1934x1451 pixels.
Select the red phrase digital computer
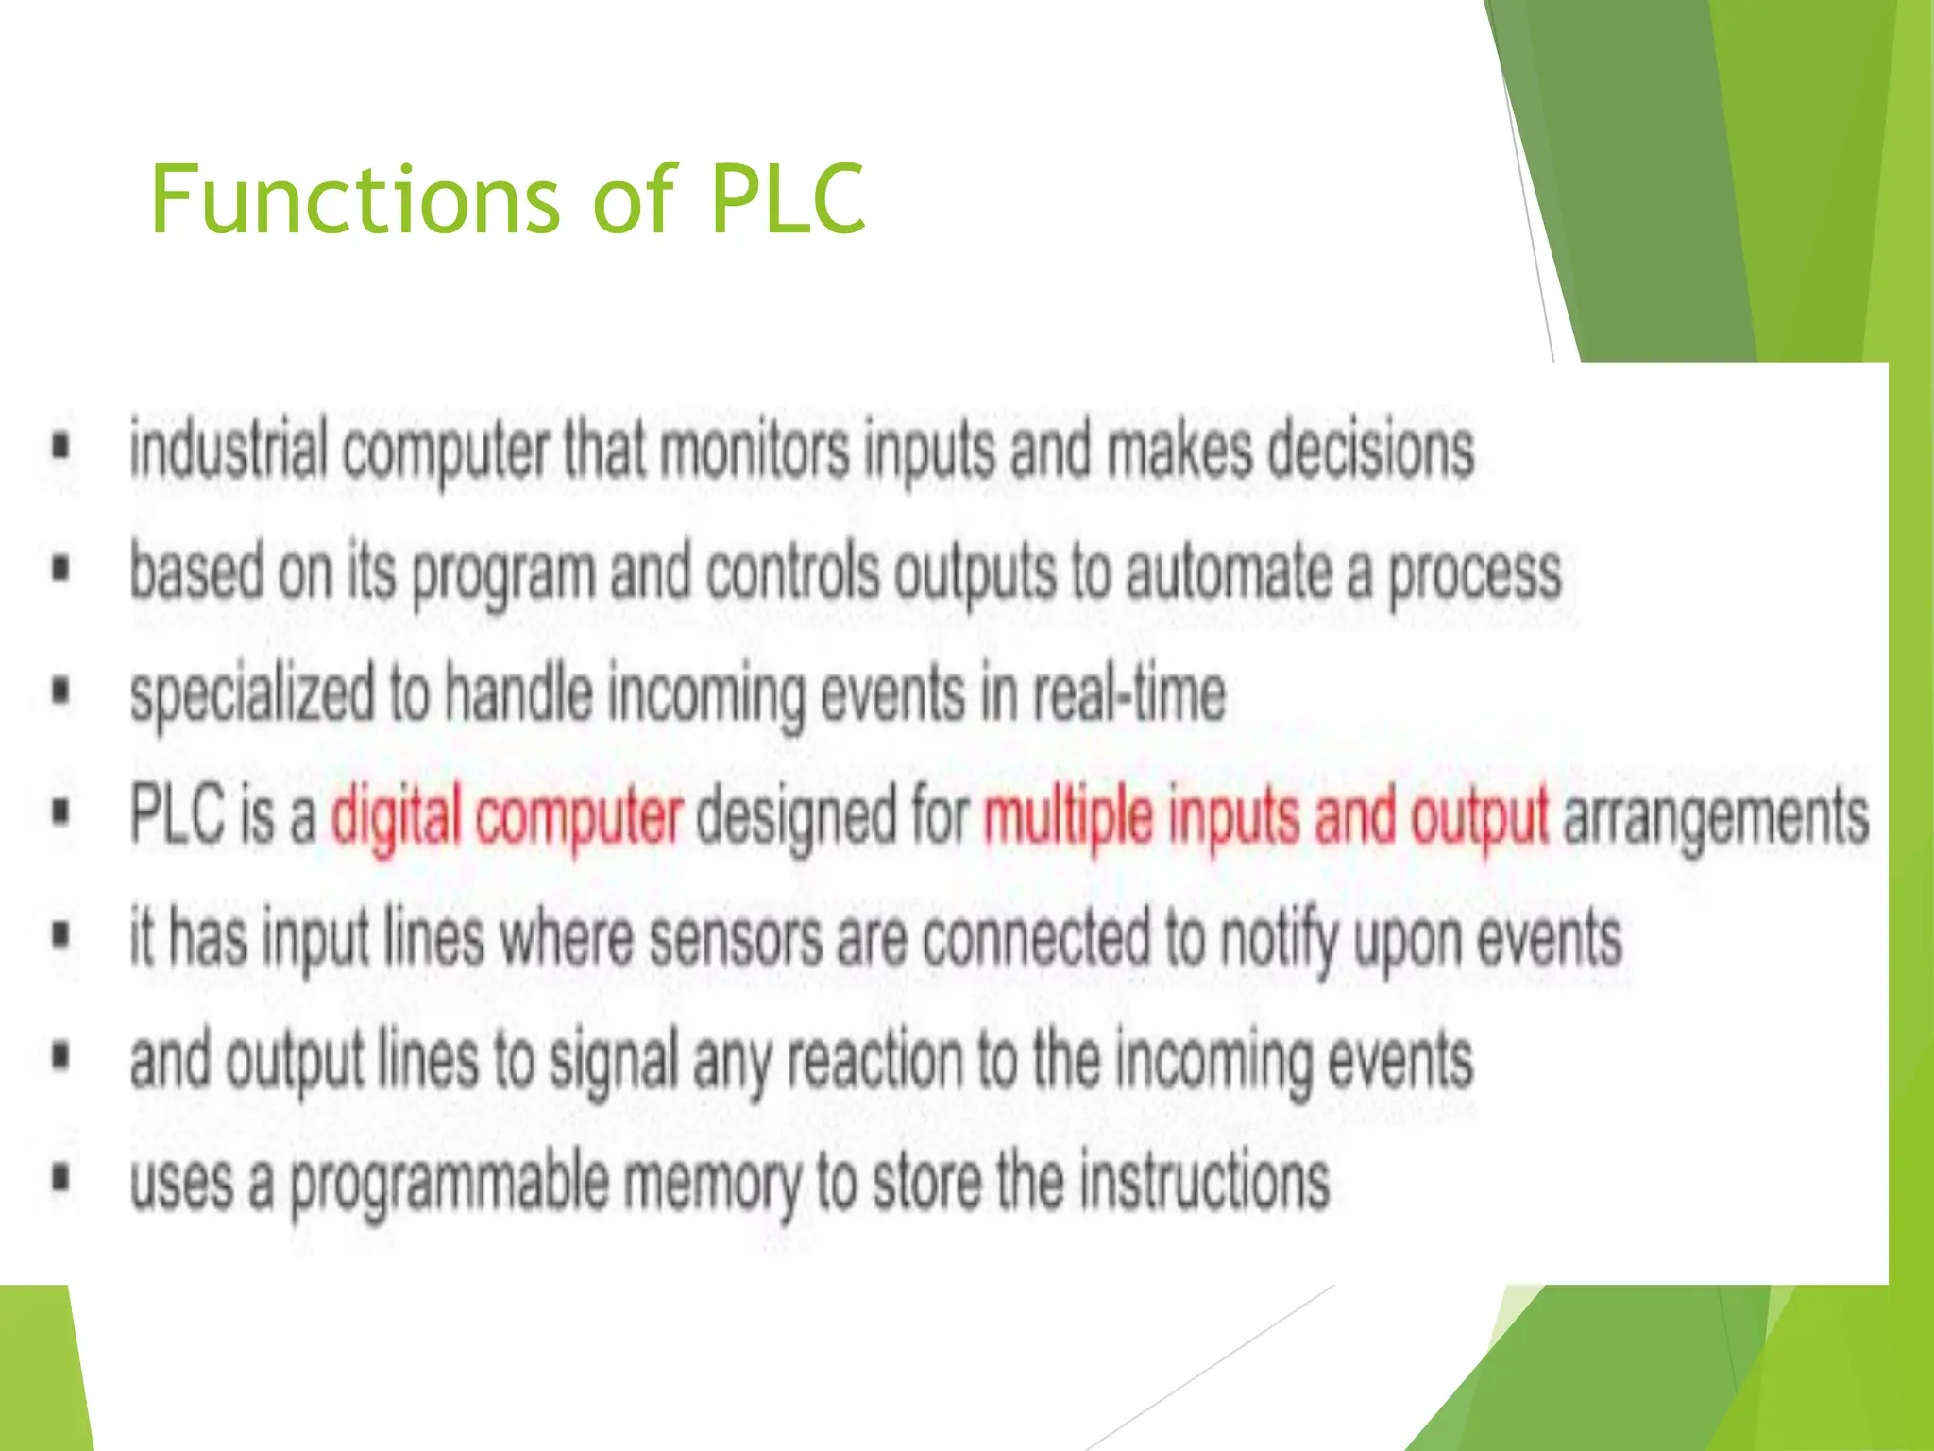point(506,816)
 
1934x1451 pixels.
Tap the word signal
point(614,1060)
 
